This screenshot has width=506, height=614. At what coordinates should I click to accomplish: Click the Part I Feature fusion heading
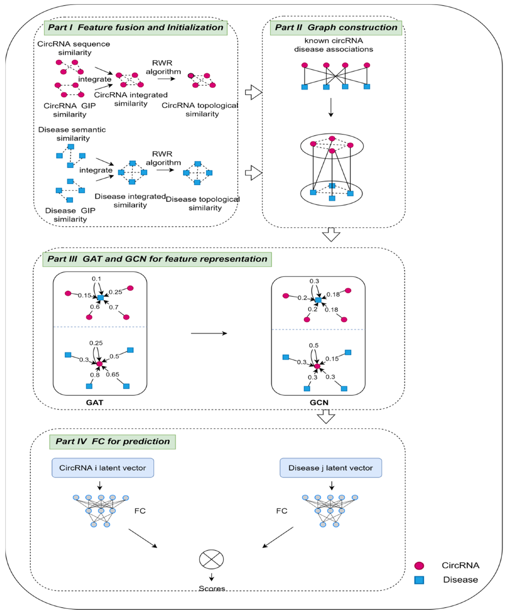(x=135, y=27)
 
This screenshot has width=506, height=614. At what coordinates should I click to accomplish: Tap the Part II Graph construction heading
(x=336, y=27)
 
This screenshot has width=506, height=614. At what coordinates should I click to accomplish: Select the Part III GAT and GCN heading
(x=157, y=259)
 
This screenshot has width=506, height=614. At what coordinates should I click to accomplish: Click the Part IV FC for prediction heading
(x=113, y=441)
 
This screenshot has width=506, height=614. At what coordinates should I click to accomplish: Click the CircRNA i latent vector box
(x=103, y=468)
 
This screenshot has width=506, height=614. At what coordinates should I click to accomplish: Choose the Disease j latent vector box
(x=330, y=468)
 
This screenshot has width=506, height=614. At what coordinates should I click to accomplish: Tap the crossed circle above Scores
(x=211, y=560)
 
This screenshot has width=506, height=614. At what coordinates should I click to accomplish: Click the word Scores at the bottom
(x=212, y=588)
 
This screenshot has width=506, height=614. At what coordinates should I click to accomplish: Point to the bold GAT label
(x=95, y=402)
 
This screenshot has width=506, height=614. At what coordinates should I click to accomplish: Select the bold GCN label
(x=319, y=402)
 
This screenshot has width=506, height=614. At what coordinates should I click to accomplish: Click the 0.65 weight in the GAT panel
(x=113, y=374)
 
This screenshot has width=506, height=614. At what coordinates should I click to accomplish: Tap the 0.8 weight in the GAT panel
(x=95, y=375)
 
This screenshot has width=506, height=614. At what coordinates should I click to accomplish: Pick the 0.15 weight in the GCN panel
(x=332, y=359)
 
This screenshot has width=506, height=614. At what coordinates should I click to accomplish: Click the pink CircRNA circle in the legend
(x=419, y=565)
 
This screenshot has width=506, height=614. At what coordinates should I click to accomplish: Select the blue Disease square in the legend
(x=419, y=580)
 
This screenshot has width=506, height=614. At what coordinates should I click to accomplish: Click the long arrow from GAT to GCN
(x=209, y=333)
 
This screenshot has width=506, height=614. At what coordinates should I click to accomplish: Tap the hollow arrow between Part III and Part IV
(x=326, y=417)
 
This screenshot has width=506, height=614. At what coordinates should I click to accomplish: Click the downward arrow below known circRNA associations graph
(x=331, y=107)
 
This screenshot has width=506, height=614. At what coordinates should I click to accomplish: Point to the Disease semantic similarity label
(x=72, y=134)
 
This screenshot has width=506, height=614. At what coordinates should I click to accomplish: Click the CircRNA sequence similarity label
(x=74, y=48)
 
